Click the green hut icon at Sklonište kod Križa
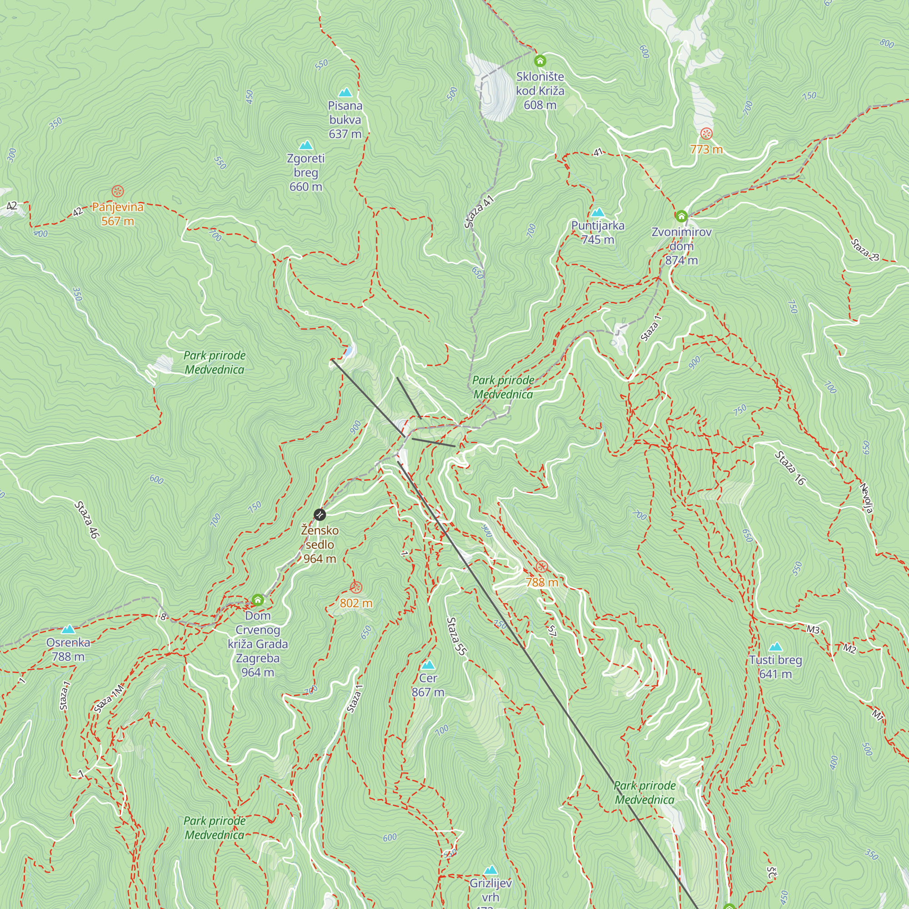539,61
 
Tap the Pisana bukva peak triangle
345,92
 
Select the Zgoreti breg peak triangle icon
306,145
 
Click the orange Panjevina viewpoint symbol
118,191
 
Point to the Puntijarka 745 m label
598,232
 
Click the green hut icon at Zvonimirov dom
681,216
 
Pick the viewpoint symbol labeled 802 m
356,587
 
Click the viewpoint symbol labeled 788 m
542,566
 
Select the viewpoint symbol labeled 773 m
706,134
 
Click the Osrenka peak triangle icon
68,629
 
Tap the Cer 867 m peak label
428,684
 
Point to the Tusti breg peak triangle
775,647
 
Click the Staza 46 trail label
87,519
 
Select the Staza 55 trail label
456,636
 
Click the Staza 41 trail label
479,211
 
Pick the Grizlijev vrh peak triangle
491,869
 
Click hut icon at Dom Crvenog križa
257,600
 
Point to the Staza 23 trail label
865,250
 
